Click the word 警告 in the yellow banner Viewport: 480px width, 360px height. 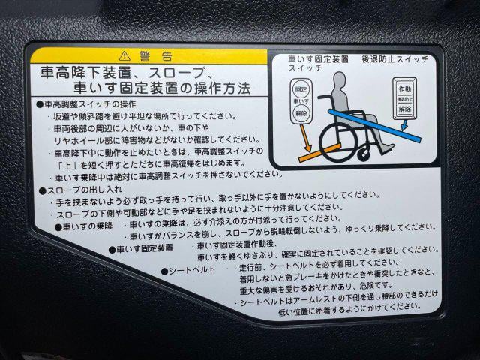[x=156, y=56]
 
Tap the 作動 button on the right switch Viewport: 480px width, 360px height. [x=405, y=88]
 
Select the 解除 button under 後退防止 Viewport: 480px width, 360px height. [x=405, y=109]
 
